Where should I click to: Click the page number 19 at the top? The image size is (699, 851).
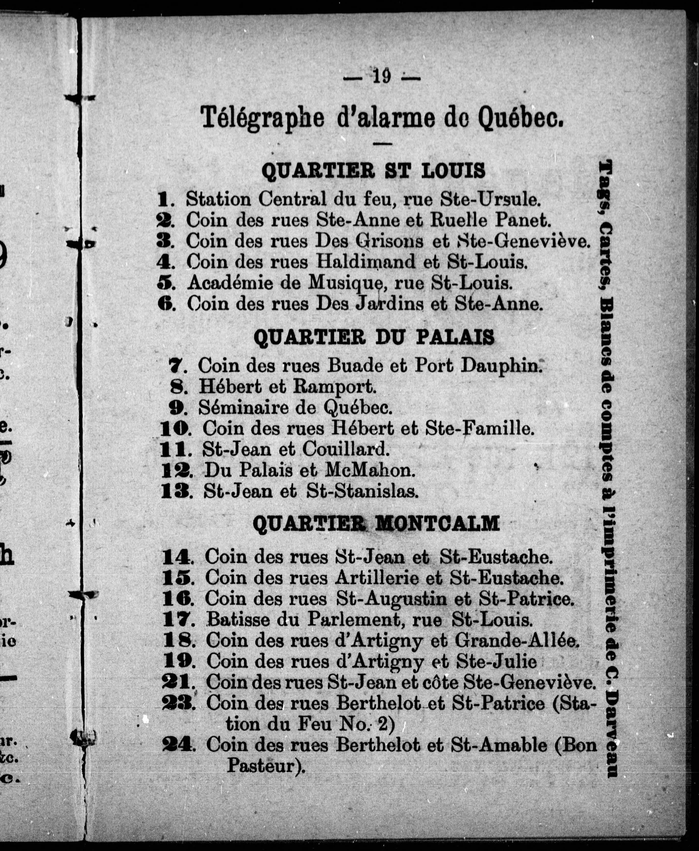pos(382,76)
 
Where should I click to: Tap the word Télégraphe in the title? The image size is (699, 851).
pos(262,118)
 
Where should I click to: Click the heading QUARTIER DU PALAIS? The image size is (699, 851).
pos(374,337)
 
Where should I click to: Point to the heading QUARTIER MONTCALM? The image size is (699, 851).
pos(376,524)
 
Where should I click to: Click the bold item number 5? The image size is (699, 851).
pos(166,283)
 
